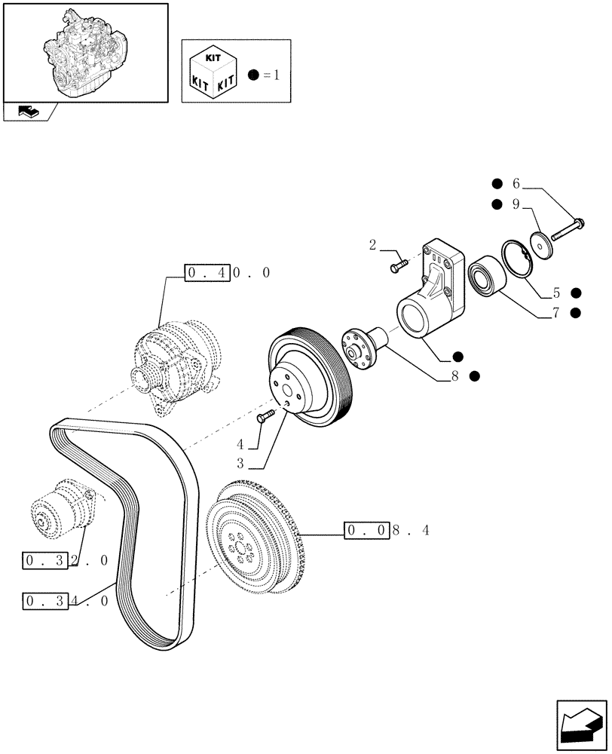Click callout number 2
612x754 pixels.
click(372, 244)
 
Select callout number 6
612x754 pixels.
click(516, 183)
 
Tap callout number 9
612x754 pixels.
click(516, 204)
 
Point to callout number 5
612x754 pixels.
click(556, 293)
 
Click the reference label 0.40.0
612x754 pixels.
click(227, 272)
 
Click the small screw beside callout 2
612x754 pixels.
click(399, 265)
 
